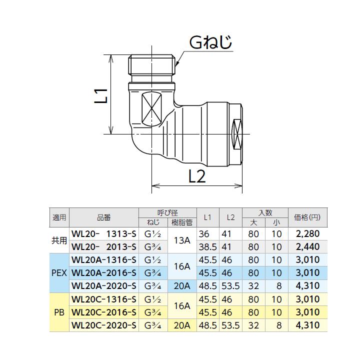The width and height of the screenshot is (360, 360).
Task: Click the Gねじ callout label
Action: click(210, 42)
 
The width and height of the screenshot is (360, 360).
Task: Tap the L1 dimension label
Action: click(101, 95)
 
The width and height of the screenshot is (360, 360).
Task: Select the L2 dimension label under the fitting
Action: click(197, 176)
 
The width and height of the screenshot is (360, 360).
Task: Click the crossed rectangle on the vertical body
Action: click(151, 109)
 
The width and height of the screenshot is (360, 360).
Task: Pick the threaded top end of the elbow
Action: click(151, 64)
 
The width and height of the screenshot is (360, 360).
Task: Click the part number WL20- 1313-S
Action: click(104, 234)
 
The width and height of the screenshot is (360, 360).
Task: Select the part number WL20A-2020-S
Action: click(104, 286)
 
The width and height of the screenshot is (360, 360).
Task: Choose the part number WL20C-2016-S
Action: click(104, 312)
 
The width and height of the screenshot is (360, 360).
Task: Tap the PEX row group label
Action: click(59, 273)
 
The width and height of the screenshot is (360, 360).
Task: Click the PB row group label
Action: click(59, 312)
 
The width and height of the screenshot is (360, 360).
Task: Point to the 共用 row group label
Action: click(59, 240)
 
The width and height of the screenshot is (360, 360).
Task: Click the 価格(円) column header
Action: click(307, 217)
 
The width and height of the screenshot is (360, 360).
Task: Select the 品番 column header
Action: click(104, 217)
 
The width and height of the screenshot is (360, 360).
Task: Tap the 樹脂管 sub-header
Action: click(182, 222)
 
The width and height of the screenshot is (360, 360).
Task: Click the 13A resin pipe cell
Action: click(182, 240)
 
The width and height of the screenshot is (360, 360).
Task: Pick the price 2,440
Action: click(307, 247)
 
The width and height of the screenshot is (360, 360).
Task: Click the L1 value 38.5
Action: click(208, 247)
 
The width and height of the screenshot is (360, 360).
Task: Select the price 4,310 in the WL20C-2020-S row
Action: click(307, 325)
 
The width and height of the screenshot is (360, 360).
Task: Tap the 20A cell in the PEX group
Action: click(182, 286)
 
